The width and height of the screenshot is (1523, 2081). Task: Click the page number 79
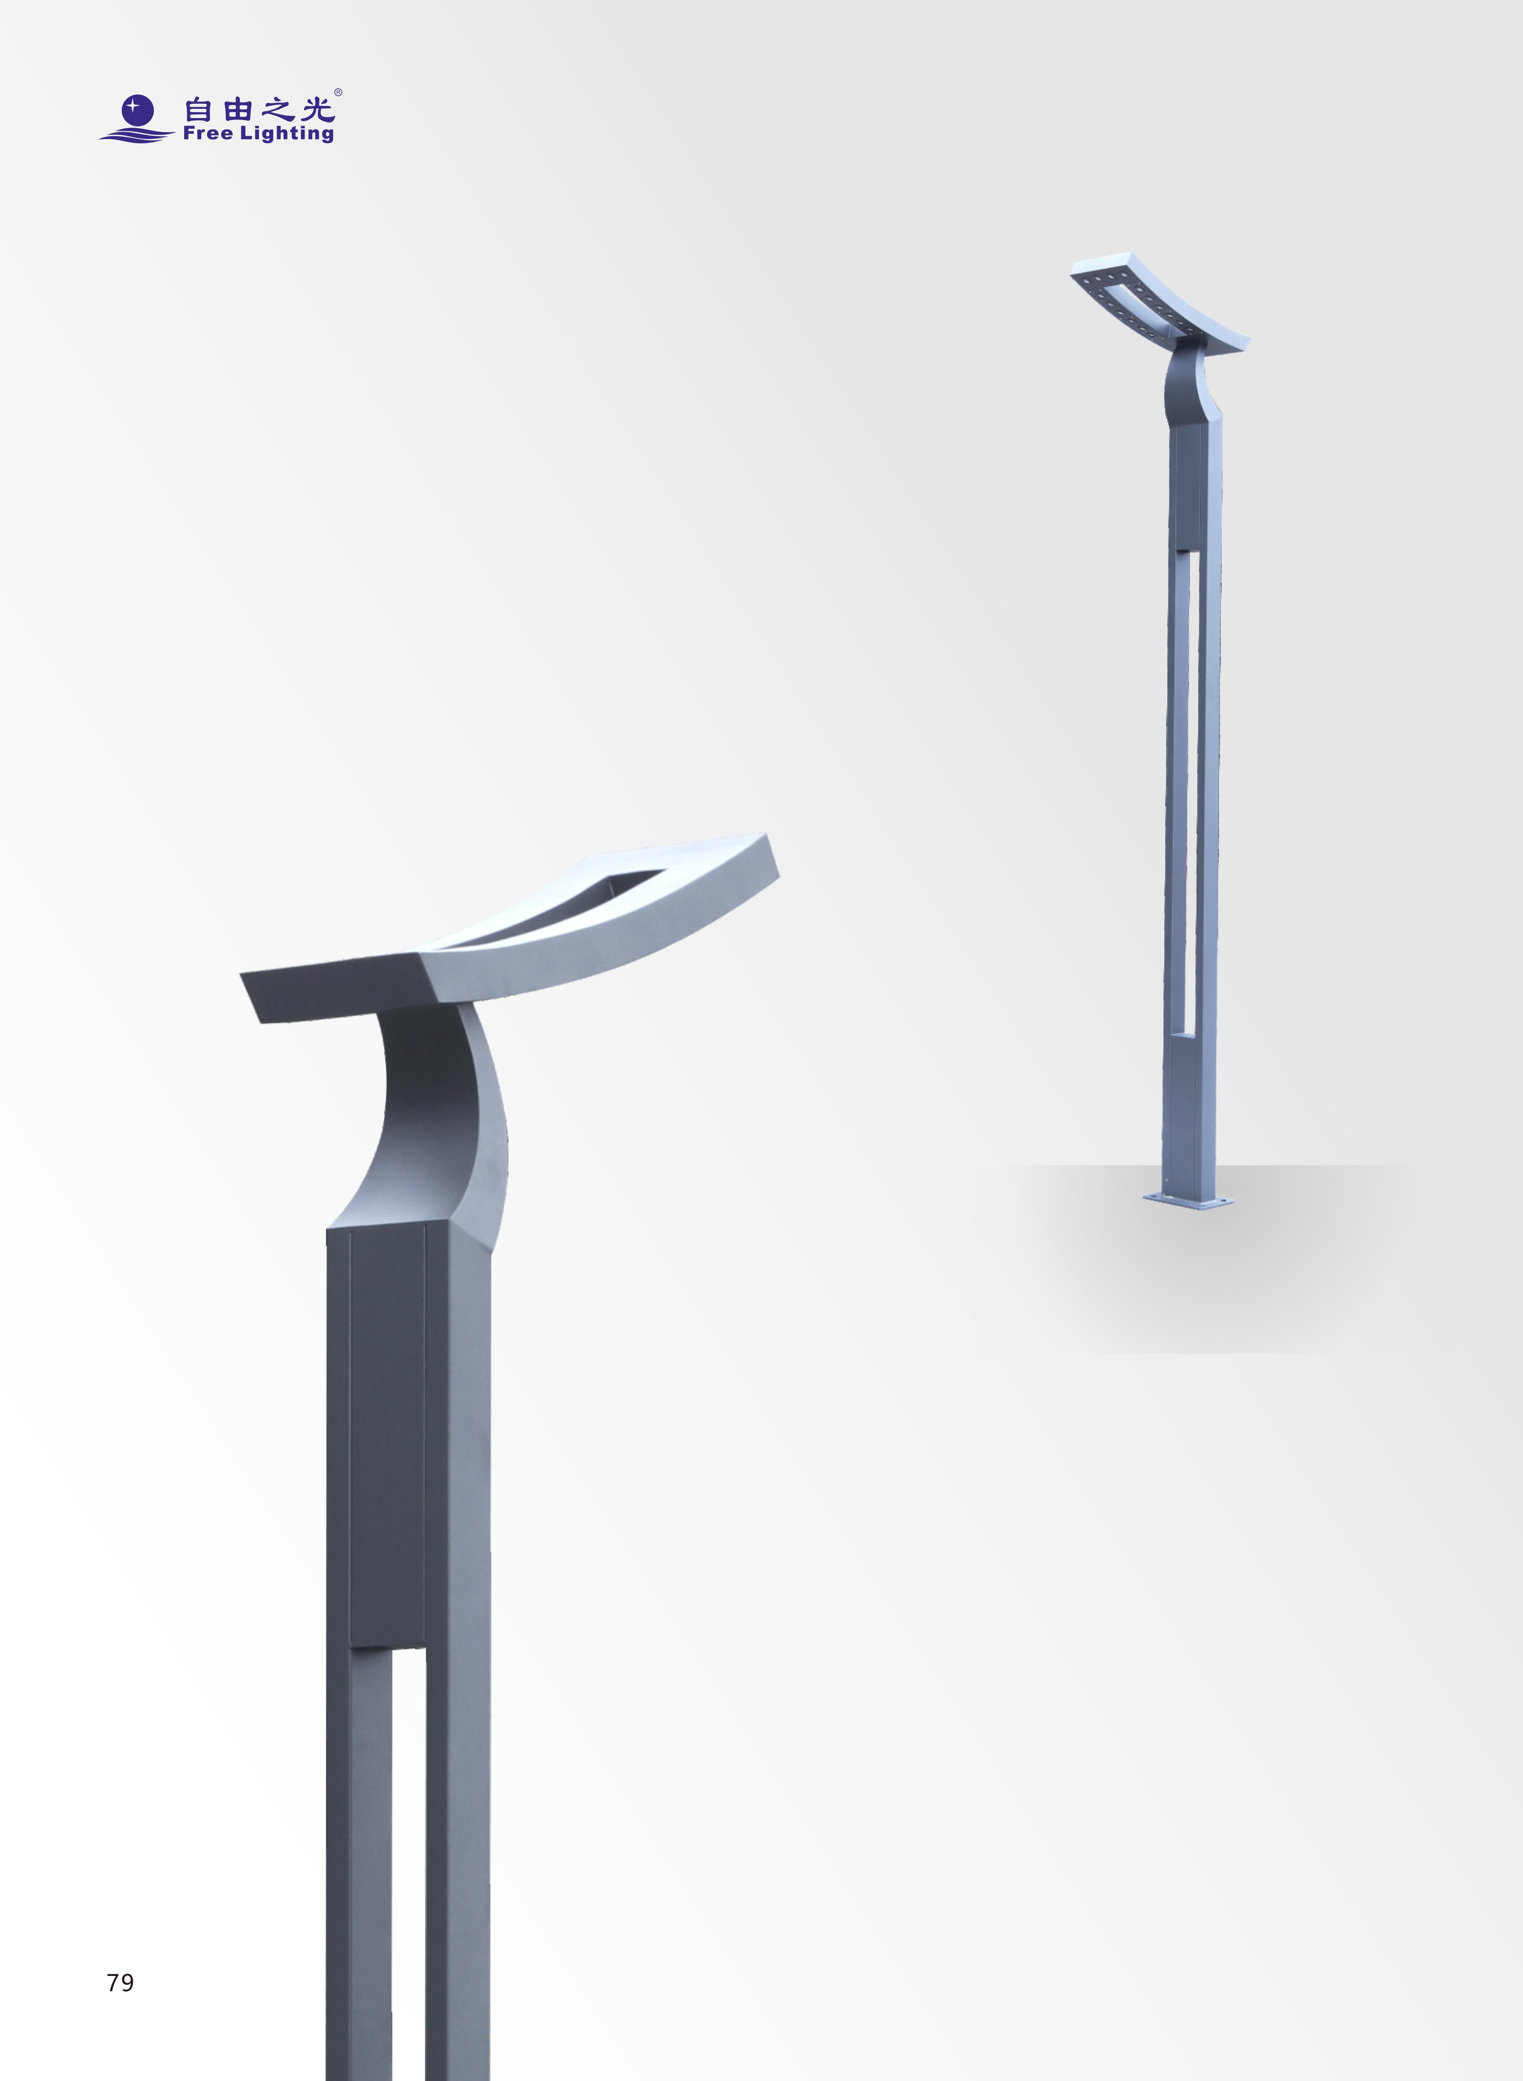coord(120,1982)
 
